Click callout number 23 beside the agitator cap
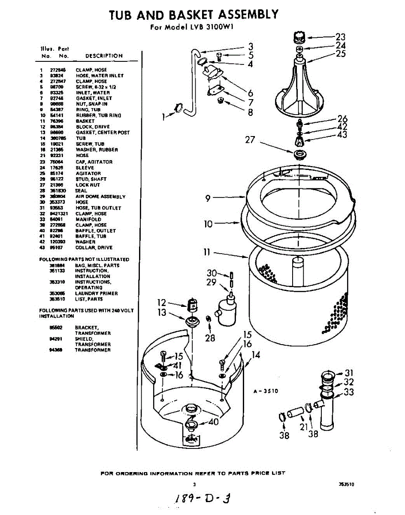pyautogui.click(x=340, y=37)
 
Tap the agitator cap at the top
pyautogui.click(x=299, y=37)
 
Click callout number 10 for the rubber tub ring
pyautogui.click(x=208, y=224)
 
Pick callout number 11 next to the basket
pyautogui.click(x=207, y=253)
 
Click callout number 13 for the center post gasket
pyautogui.click(x=162, y=312)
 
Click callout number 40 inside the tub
pyautogui.click(x=213, y=421)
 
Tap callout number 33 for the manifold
pyautogui.click(x=349, y=392)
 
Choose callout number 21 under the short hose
pyautogui.click(x=304, y=427)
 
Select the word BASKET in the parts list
pyautogui.click(x=85, y=121)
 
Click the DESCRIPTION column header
pyautogui.click(x=104, y=56)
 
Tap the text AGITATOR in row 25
pyautogui.click(x=88, y=173)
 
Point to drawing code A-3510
pyautogui.click(x=266, y=391)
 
